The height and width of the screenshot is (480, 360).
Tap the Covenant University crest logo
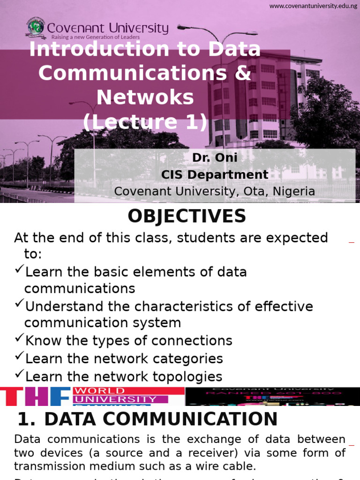point(35,28)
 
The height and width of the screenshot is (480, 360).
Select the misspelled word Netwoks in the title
point(145,97)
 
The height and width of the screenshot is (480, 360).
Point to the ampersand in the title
point(243,73)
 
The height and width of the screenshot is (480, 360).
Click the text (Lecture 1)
point(145,122)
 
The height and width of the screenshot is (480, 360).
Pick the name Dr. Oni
point(215,158)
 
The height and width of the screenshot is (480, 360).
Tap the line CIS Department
point(215,175)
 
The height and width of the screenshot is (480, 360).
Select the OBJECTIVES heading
point(187,216)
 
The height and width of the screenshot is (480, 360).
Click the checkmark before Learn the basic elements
point(19,270)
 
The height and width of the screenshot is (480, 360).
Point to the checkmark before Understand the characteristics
point(19,304)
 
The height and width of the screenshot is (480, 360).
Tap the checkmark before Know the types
point(19,338)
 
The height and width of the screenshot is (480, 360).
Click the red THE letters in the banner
point(35,396)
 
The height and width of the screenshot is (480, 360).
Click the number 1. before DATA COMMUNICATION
point(26,419)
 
